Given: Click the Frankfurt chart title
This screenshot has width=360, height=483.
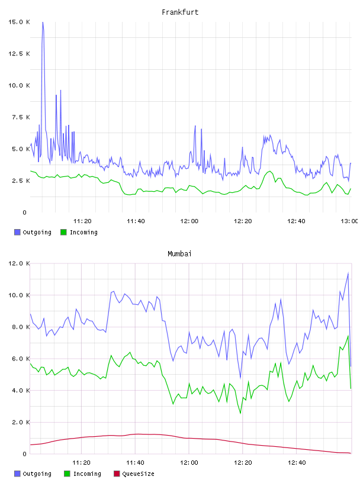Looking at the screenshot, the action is tap(180, 12).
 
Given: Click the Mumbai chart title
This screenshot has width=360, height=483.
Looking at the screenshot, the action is tap(179, 254).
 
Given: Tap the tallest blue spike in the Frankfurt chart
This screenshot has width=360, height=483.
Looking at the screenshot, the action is tap(43, 22).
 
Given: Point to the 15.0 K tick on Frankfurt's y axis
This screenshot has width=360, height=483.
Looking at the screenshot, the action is tap(19, 22).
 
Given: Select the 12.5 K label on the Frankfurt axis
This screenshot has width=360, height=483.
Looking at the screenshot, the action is tap(19, 54).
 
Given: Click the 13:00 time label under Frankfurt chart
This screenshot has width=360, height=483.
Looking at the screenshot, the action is tap(349, 221).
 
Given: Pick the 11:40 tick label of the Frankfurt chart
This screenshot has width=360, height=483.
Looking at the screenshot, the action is tap(136, 221).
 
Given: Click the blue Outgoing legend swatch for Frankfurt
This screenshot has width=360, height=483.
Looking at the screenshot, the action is tap(17, 232).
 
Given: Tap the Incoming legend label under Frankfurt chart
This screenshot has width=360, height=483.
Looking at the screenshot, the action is tap(83, 232).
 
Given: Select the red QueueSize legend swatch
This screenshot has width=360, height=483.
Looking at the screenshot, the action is tap(117, 474).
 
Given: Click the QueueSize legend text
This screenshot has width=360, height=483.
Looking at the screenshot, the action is tap(138, 474).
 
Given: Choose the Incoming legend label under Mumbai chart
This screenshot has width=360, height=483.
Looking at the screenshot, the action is tap(87, 474).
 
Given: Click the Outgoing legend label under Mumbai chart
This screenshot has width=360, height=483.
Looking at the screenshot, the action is tap(37, 474).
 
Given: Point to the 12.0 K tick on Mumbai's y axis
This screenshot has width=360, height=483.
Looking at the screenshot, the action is tap(19, 263).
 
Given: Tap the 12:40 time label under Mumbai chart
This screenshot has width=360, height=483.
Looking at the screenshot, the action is tap(297, 463).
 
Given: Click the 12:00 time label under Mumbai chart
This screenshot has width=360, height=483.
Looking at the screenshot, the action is tap(189, 463).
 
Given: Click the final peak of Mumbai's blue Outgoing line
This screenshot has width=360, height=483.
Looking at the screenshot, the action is tap(348, 273).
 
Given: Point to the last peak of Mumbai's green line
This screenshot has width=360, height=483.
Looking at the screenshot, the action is tap(348, 336).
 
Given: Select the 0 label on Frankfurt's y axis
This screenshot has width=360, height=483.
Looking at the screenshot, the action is tap(25, 212).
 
